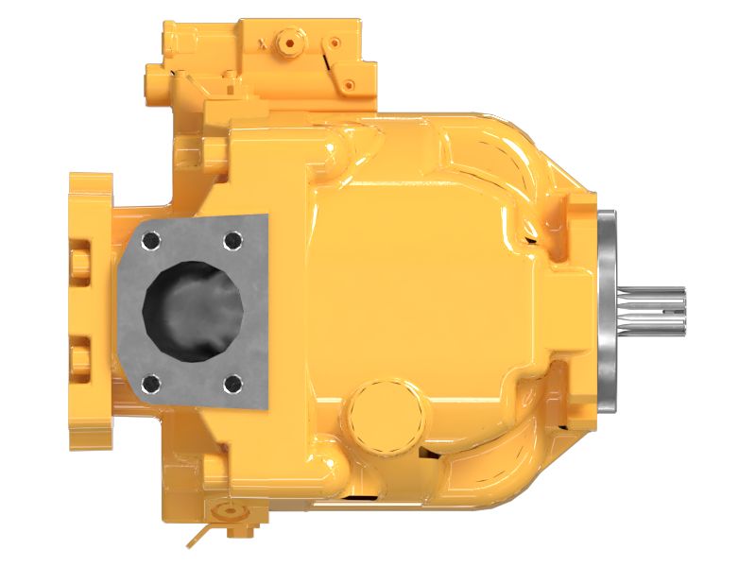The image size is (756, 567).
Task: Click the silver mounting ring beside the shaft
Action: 608,312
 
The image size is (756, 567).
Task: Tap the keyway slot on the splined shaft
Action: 661,301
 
